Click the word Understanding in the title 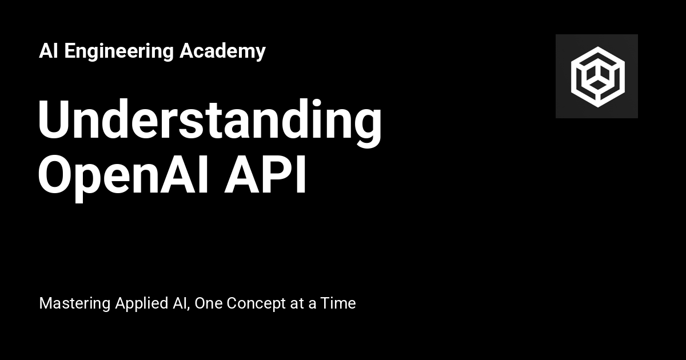(209, 121)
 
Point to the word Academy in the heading (222, 51)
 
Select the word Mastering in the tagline (74, 303)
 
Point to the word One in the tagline (209, 303)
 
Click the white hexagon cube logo (597, 76)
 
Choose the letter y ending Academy (261, 53)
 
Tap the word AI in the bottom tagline (180, 303)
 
